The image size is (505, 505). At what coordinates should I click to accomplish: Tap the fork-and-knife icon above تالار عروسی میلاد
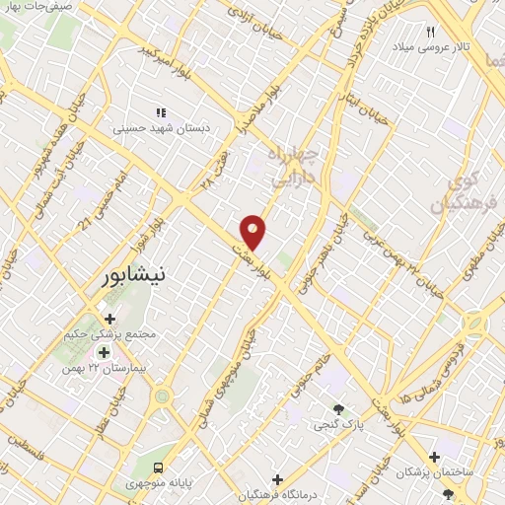click(x=430, y=33)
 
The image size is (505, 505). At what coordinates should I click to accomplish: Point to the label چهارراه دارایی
click(x=295, y=169)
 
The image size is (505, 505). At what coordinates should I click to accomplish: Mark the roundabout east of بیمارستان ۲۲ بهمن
click(x=162, y=397)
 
